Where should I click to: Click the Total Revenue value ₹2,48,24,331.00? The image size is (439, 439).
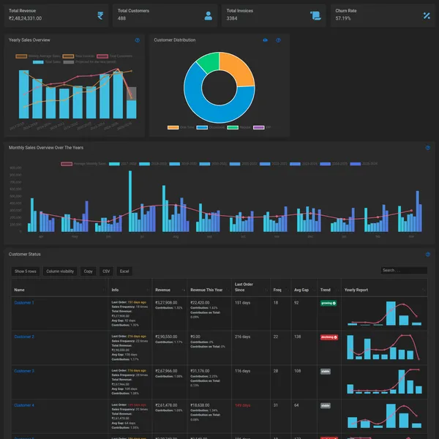[26, 18]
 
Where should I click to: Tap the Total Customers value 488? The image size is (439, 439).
[121, 18]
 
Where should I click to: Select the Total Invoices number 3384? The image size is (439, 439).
[231, 18]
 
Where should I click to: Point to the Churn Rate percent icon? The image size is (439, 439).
[427, 15]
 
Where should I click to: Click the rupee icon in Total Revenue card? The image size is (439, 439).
[100, 15]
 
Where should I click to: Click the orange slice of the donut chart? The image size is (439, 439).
[236, 71]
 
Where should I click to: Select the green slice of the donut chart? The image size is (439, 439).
[209, 61]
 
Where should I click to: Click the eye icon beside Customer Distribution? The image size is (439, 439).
[266, 40]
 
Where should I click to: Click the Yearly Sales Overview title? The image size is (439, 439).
[29, 40]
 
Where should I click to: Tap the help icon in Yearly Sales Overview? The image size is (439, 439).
[137, 40]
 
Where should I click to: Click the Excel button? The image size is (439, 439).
[124, 271]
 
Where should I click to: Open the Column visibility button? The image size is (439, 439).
[60, 271]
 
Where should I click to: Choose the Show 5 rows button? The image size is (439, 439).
[26, 271]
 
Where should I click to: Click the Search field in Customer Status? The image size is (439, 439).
[403, 271]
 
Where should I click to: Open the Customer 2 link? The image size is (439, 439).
[24, 337]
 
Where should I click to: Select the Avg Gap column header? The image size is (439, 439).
[301, 290]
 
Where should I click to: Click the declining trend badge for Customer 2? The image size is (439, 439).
[329, 337]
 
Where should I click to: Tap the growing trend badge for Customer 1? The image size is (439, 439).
[329, 302]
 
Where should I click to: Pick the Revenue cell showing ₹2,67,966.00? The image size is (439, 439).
[166, 371]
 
